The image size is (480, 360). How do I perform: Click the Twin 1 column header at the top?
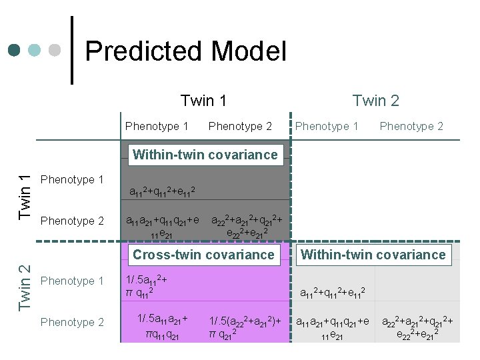click(203, 101)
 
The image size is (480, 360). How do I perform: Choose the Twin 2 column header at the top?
click(375, 101)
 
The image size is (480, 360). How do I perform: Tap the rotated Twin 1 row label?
click(25, 197)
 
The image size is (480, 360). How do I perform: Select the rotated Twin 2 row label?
click(25, 287)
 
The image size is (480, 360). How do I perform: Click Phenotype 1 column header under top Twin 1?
click(157, 126)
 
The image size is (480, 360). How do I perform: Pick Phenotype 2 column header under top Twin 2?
click(411, 126)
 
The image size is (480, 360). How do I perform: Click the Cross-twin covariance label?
click(203, 255)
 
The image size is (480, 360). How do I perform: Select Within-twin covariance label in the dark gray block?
click(205, 155)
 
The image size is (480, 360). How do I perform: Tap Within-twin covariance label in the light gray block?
click(373, 255)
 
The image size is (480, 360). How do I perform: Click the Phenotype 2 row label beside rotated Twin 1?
click(72, 221)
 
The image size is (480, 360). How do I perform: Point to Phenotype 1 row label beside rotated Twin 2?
click(72, 281)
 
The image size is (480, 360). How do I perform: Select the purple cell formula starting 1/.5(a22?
click(245, 326)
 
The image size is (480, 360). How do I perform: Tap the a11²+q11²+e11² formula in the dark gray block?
click(162, 192)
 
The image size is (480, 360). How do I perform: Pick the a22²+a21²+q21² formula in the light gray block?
click(417, 326)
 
